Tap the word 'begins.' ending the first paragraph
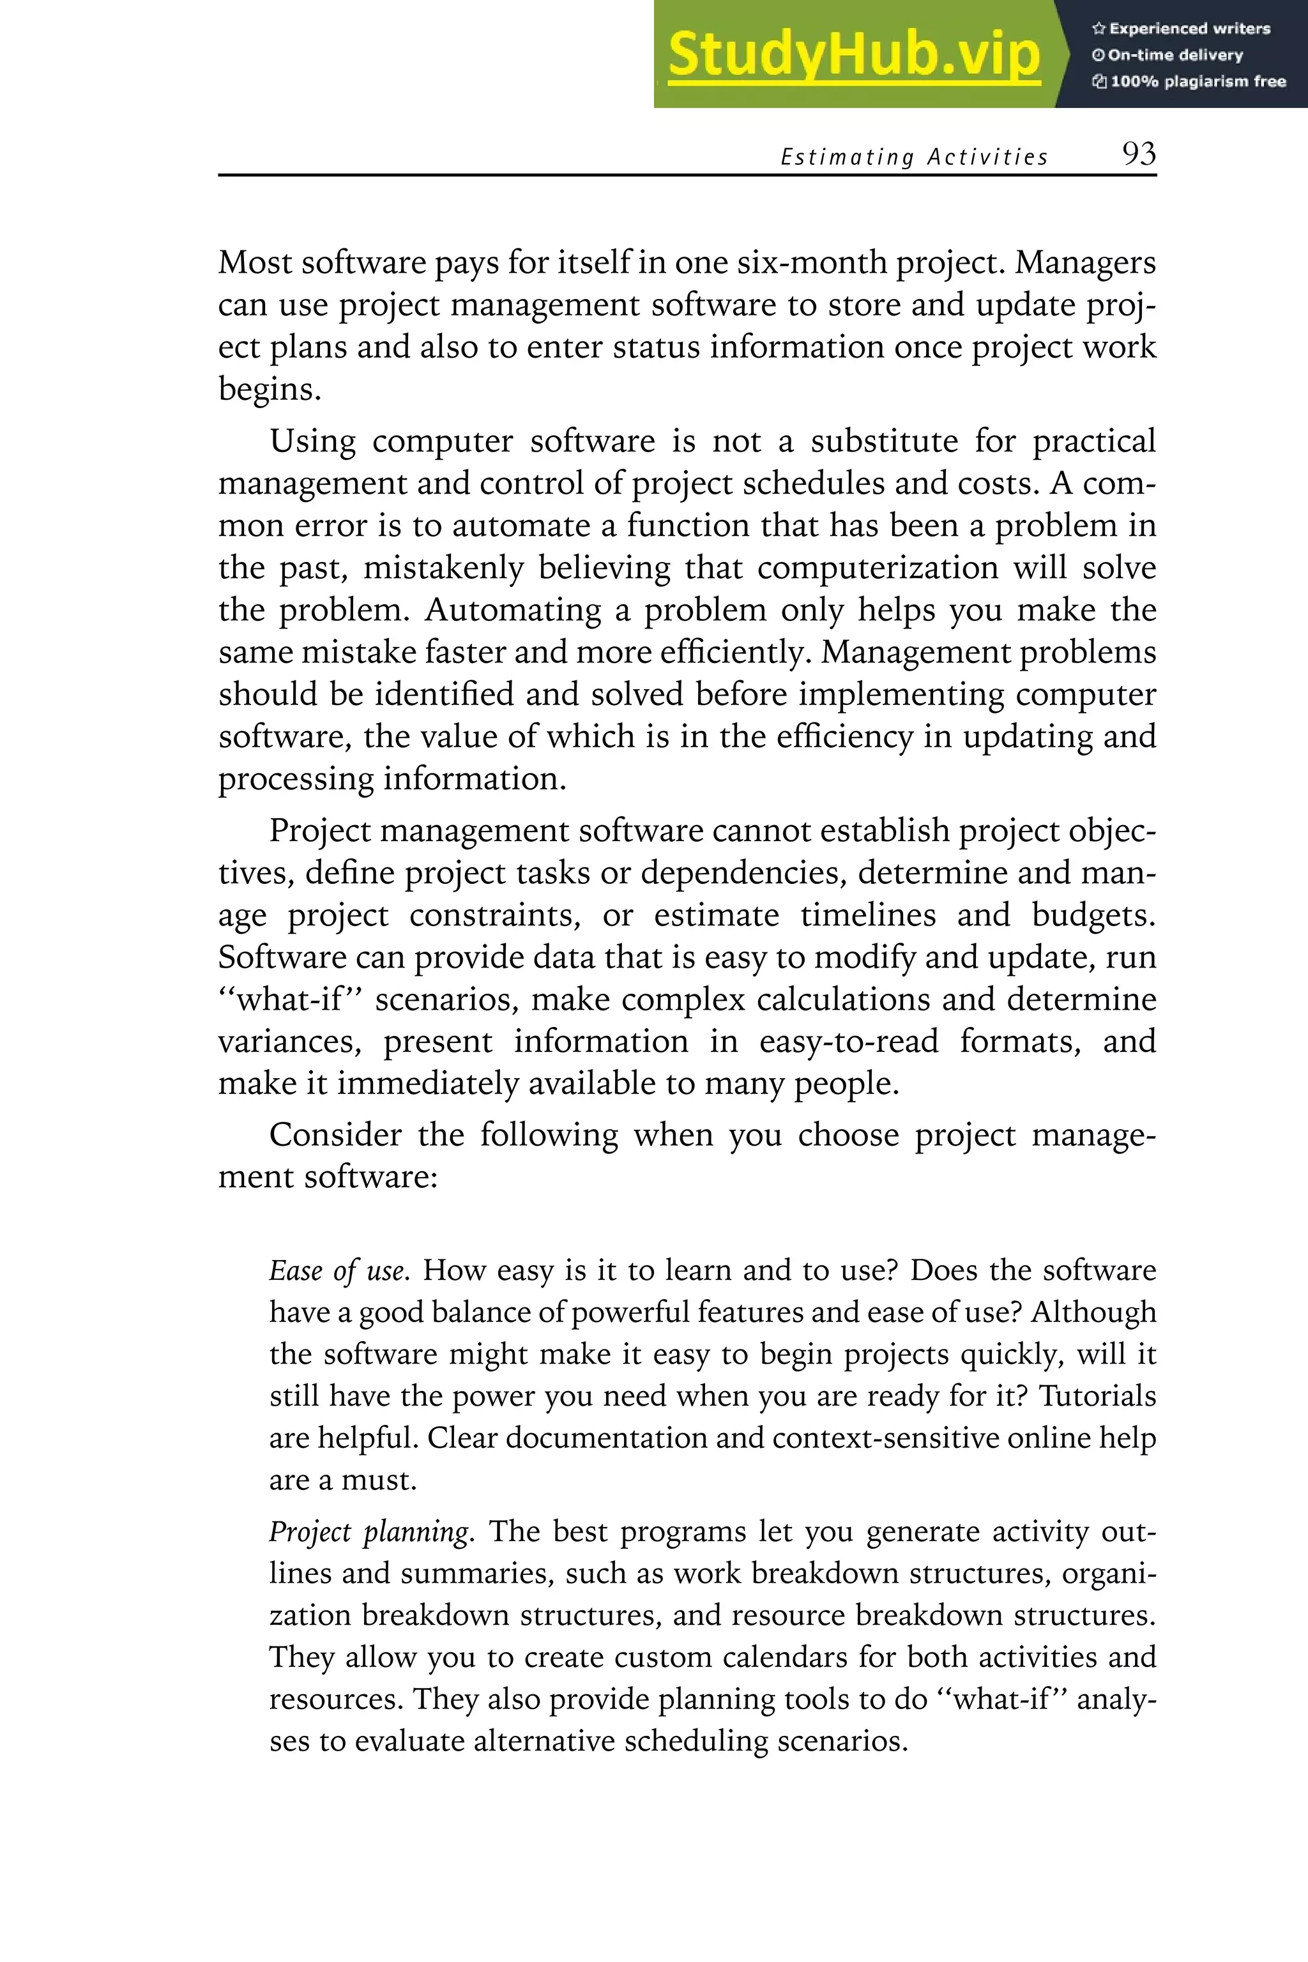point(270,390)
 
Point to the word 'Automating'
point(512,610)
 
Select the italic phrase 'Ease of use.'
point(338,1270)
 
